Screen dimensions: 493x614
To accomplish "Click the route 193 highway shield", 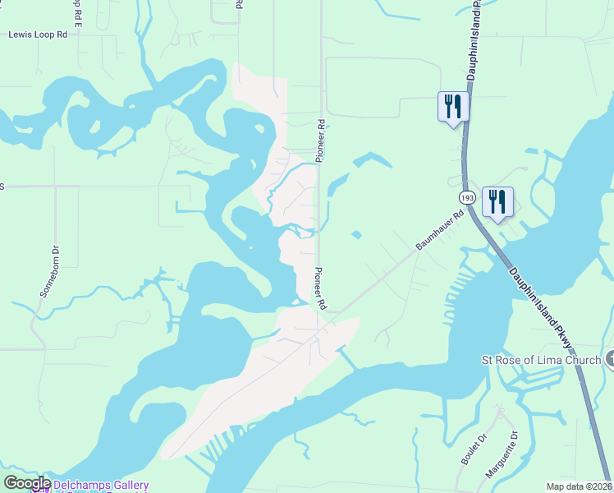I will tap(467, 198).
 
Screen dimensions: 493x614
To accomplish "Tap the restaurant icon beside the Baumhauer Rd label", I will tap(497, 202).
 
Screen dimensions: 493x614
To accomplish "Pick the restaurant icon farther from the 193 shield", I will tap(452, 107).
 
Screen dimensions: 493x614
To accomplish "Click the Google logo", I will tap(27, 484).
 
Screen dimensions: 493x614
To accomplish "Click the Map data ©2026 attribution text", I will tap(579, 486).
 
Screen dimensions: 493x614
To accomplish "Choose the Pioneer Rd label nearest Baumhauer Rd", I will tap(319, 288).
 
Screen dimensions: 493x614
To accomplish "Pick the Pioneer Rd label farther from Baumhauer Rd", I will tap(322, 140).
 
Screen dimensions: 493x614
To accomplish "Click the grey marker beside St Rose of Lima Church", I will tap(609, 360).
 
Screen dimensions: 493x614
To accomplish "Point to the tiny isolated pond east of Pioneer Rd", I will tap(355, 236).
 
